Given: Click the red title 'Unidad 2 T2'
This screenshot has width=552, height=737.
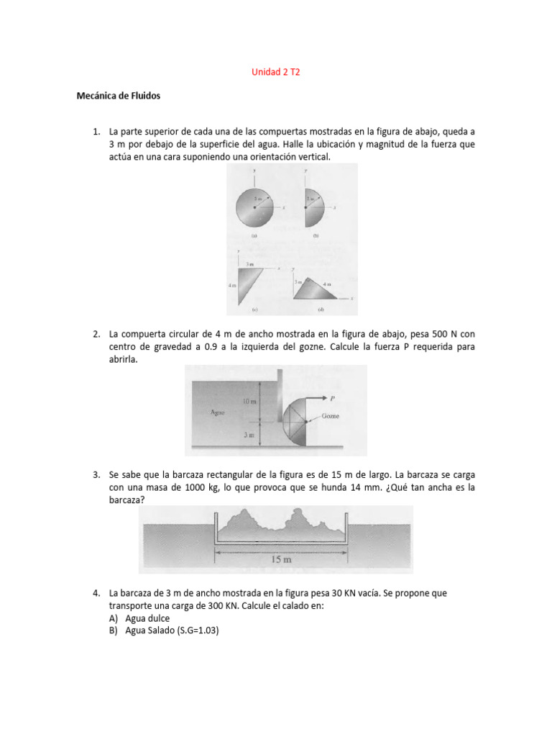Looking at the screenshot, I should (275, 73).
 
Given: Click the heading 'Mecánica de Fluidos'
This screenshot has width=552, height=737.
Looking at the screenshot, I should (119, 95).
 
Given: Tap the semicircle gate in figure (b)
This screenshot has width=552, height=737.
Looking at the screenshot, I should (314, 206).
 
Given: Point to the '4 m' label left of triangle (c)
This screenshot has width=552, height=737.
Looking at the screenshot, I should (232, 286).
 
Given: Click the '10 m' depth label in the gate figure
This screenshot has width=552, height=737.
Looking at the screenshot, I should (249, 401).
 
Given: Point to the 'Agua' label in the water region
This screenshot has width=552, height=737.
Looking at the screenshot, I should (219, 412).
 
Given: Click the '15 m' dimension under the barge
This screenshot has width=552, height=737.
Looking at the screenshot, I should (280, 559).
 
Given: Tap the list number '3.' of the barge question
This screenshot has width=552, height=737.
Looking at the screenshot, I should (96, 475).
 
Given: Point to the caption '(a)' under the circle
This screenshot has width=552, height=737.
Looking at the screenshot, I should (254, 235).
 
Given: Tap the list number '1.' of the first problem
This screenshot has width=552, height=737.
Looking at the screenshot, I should (96, 132).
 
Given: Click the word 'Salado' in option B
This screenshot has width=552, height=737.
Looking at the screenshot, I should (160, 630).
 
